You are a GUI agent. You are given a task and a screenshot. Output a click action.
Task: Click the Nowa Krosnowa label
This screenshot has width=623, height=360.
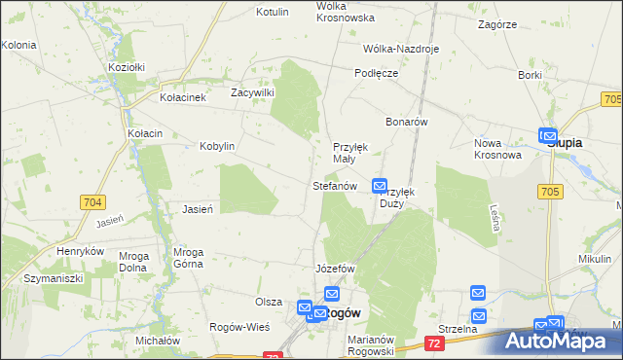pyautogui.click(x=497, y=149)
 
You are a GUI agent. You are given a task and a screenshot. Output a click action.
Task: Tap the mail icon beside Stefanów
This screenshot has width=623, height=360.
pyautogui.click(x=381, y=185)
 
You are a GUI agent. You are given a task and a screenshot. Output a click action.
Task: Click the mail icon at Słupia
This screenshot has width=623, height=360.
pyautogui.click(x=547, y=137)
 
